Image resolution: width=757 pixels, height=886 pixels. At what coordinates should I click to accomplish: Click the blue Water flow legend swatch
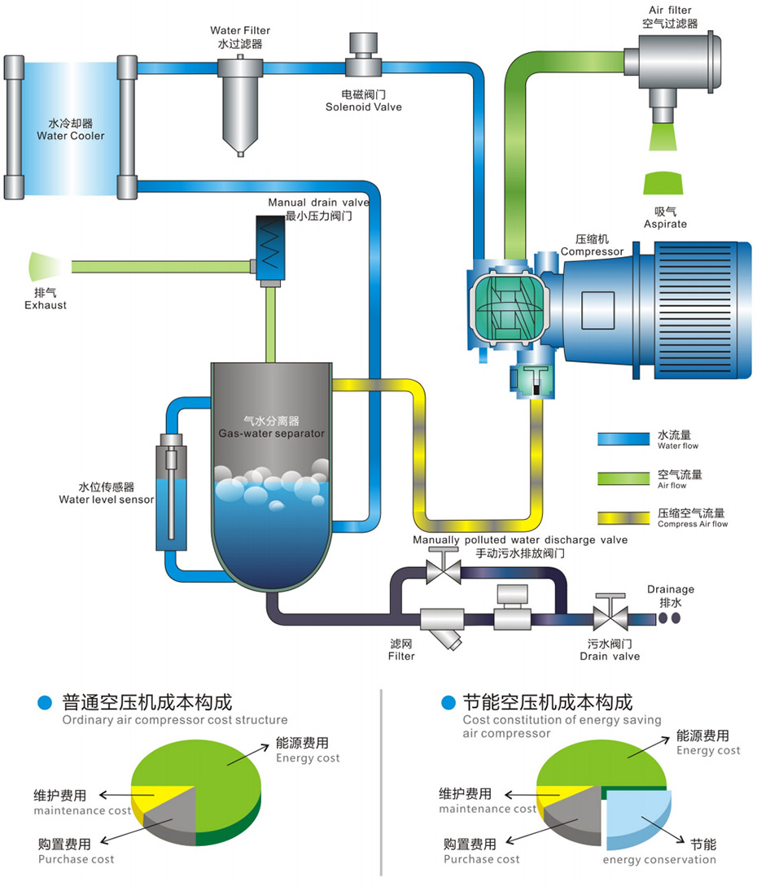(623, 439)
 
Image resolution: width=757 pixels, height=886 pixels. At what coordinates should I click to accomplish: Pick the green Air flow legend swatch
(623, 478)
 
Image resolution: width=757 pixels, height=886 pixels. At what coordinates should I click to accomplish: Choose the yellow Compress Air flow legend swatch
(623, 517)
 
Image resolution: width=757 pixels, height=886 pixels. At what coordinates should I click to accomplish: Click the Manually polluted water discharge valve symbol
(443, 569)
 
